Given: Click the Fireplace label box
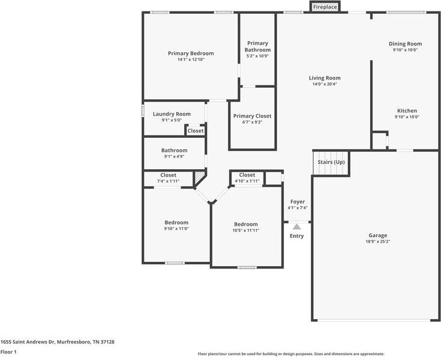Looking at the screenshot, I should tap(325, 7).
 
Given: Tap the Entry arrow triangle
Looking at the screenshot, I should tap(297, 227).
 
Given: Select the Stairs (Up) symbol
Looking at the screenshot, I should tap(331, 163).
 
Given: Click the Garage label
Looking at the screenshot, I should tap(378, 235).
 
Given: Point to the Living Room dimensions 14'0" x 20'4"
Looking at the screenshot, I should tap(325, 84).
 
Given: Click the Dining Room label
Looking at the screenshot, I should tap(405, 44).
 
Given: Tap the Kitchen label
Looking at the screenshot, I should tap(407, 111).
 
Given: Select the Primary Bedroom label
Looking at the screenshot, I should tap(191, 54).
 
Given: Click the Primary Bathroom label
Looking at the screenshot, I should tap(258, 46).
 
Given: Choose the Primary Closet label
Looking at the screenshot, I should tap(252, 116).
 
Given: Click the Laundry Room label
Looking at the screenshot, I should tap(171, 114).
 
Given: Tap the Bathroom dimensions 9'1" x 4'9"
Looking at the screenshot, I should tap(174, 157).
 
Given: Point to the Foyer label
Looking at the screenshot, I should tap(297, 202).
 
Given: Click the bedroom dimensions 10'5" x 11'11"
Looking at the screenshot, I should tap(245, 231).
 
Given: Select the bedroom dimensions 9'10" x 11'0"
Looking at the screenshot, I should tap(177, 229).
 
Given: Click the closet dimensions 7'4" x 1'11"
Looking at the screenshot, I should tap(168, 181).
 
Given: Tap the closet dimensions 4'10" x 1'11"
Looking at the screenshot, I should tap(247, 181).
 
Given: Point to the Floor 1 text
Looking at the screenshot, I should tap(8, 352).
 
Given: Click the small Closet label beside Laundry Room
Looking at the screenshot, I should tap(196, 131).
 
